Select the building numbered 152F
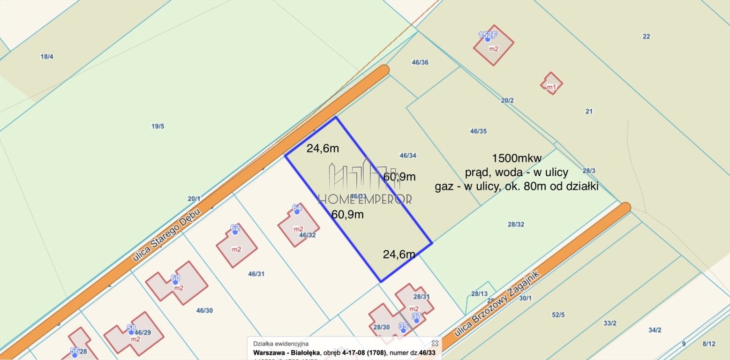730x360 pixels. pyautogui.click(x=494, y=45)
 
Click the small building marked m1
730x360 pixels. pyautogui.click(x=551, y=83)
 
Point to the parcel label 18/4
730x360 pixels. pyautogui.click(x=47, y=57)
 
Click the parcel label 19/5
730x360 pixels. pyautogui.click(x=158, y=126)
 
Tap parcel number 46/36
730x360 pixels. pyautogui.click(x=420, y=62)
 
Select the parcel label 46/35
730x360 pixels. pyautogui.click(x=478, y=131)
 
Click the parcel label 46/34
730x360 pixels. pyautogui.click(x=408, y=155)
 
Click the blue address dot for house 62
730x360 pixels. pyautogui.click(x=235, y=232)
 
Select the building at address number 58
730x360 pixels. pyautogui.click(x=134, y=333)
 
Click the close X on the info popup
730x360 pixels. pyautogui.click(x=435, y=343)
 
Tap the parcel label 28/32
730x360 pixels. pyautogui.click(x=516, y=225)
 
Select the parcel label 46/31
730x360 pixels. pyautogui.click(x=256, y=274)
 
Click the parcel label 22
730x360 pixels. pyautogui.click(x=646, y=36)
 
